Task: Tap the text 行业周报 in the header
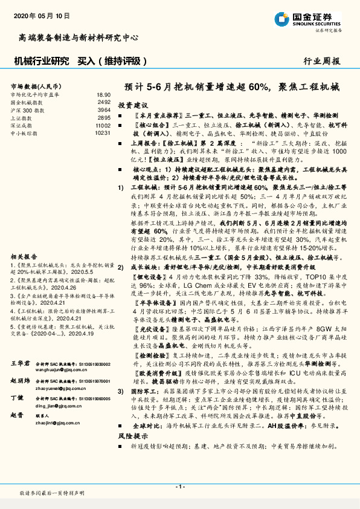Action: click(x=323, y=60)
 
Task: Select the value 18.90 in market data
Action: click(x=104, y=95)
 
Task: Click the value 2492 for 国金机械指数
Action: click(x=104, y=102)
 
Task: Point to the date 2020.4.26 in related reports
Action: click(x=67, y=287)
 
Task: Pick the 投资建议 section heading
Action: click(x=132, y=105)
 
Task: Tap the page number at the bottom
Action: click(x=180, y=486)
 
